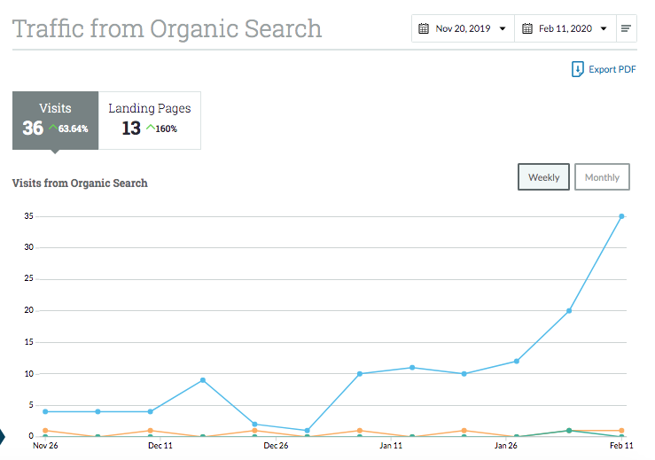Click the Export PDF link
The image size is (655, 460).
[x=604, y=69]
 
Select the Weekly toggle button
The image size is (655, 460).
[x=543, y=177]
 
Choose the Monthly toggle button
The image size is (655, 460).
[x=602, y=177]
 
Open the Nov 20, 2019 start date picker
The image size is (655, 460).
[x=463, y=28]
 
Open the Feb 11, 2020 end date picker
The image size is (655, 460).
[x=565, y=28]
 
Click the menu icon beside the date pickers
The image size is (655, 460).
[x=626, y=28]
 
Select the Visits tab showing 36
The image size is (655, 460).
[x=56, y=121]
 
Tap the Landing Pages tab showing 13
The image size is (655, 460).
[x=150, y=121]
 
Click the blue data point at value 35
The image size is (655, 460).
[x=621, y=216]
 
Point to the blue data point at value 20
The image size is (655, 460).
[x=569, y=311]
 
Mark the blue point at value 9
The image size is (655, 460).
[x=203, y=380]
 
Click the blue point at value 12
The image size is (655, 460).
[x=517, y=362]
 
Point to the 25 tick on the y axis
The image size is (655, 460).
[x=29, y=278]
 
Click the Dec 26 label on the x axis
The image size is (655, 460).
[x=276, y=446]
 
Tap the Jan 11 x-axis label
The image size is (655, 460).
[x=391, y=446]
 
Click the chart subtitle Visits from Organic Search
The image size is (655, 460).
[x=80, y=183]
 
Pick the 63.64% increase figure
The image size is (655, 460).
[x=73, y=129]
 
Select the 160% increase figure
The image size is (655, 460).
[x=167, y=129]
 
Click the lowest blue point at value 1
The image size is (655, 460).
[x=307, y=431]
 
